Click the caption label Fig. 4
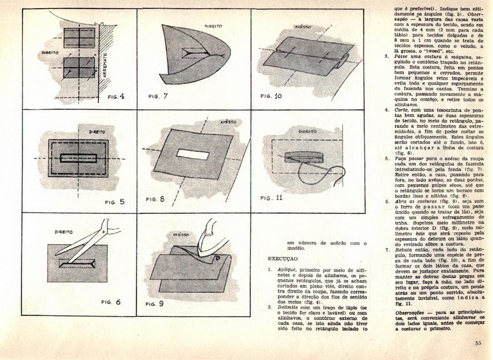click(116, 97)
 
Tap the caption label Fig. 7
click(158, 97)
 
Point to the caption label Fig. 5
click(115, 202)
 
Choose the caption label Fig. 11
click(272, 198)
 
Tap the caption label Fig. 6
click(111, 302)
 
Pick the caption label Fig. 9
click(155, 305)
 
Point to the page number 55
click(478, 343)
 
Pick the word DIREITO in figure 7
click(213, 26)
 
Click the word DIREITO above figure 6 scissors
click(63, 232)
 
